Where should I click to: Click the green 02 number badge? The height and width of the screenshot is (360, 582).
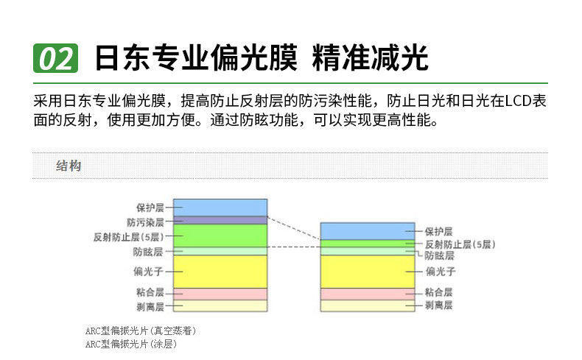click(56, 58)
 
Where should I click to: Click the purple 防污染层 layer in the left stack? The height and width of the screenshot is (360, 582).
click(220, 220)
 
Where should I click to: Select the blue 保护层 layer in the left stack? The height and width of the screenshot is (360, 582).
click(220, 208)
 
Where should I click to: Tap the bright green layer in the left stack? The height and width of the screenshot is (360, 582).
click(220, 236)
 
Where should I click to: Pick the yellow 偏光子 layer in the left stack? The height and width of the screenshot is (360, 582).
click(220, 272)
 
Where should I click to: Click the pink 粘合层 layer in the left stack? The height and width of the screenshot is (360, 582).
click(220, 294)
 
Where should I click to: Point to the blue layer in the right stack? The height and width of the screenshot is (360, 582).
click(368, 231)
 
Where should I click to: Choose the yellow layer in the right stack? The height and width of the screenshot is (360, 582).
click(368, 272)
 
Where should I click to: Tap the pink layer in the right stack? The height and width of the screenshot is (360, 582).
click(368, 294)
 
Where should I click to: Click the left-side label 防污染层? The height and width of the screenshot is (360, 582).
click(146, 222)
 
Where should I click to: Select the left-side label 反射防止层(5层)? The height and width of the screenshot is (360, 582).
click(128, 237)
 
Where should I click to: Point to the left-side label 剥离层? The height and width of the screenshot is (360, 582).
click(150, 306)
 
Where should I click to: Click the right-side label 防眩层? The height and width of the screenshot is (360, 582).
click(440, 255)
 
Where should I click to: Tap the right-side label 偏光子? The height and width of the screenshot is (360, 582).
click(441, 272)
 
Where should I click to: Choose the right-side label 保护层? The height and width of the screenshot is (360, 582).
click(439, 232)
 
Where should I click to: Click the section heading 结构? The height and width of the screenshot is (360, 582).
click(69, 166)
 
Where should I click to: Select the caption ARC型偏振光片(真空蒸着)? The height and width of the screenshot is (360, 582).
click(140, 331)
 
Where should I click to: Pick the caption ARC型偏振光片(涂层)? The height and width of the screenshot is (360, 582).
click(130, 344)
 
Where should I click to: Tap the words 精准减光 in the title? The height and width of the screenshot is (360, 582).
click(371, 58)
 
